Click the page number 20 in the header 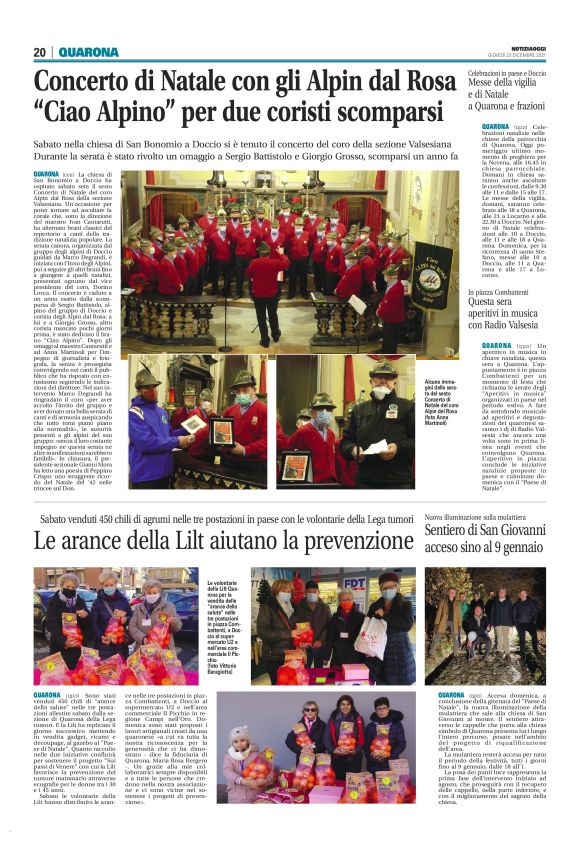coord(39,52)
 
